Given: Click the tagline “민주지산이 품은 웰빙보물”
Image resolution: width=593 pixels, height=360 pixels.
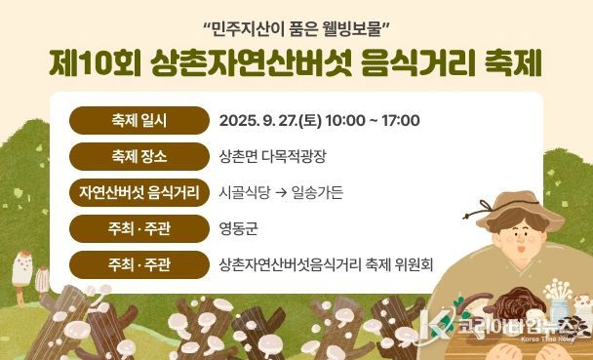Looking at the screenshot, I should point(296,24).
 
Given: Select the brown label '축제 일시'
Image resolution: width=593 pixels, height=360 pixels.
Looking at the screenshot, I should point(139,121).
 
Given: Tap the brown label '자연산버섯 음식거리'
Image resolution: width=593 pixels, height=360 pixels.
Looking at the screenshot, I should point(139,191).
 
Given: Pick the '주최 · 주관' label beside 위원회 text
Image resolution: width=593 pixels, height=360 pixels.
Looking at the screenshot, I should point(139,263).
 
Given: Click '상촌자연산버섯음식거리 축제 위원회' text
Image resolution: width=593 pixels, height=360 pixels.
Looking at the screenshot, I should point(327,263).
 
